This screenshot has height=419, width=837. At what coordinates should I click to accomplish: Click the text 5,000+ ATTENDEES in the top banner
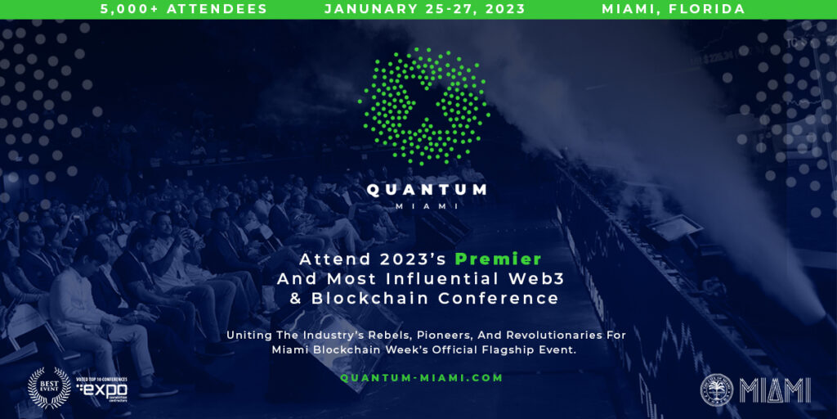tap(184, 9)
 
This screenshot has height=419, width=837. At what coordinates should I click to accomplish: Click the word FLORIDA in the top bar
tap(709, 9)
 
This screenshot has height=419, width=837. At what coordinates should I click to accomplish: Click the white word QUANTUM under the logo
tap(427, 190)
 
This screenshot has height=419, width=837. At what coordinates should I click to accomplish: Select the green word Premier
tap(499, 259)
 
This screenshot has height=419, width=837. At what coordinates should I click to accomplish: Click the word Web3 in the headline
tap(521, 279)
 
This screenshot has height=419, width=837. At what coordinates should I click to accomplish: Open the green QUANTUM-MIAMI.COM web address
tap(422, 378)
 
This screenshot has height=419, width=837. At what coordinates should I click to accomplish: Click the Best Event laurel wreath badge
tap(48, 387)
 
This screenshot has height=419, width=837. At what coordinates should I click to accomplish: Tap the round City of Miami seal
tap(717, 390)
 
